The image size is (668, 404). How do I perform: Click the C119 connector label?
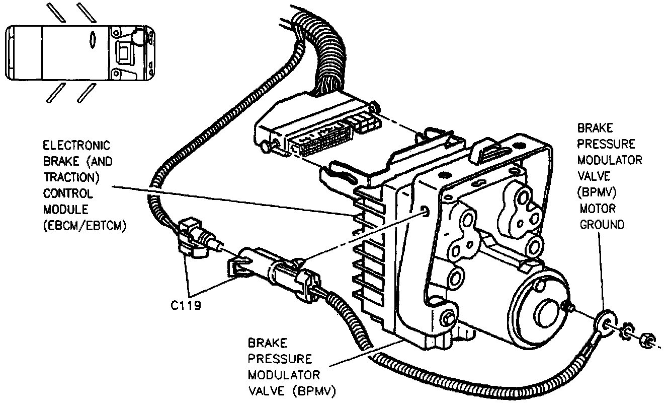tap(186, 305)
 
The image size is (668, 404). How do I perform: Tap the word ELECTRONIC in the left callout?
tap(76, 146)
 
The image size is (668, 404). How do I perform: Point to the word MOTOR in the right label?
tap(598, 208)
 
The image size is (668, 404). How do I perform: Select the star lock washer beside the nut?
tap(628, 332)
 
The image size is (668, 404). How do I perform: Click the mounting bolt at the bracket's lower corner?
tap(447, 317)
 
